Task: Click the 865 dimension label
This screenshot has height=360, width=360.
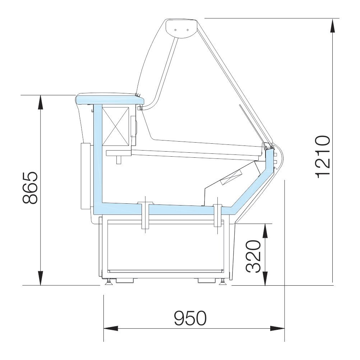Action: pyautogui.click(x=30, y=188)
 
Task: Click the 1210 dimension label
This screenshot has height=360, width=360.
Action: pyautogui.click(x=323, y=157)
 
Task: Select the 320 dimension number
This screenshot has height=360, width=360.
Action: pyautogui.click(x=254, y=256)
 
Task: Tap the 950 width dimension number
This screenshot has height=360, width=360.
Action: pyautogui.click(x=190, y=318)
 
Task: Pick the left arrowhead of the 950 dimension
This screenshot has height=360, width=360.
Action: pyautogui.click(x=111, y=328)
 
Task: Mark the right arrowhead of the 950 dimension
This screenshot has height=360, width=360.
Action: pyautogui.click(x=277, y=328)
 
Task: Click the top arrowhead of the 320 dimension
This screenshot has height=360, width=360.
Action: pyautogui.click(x=265, y=231)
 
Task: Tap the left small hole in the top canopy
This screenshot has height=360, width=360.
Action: pyautogui.click(x=175, y=30)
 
